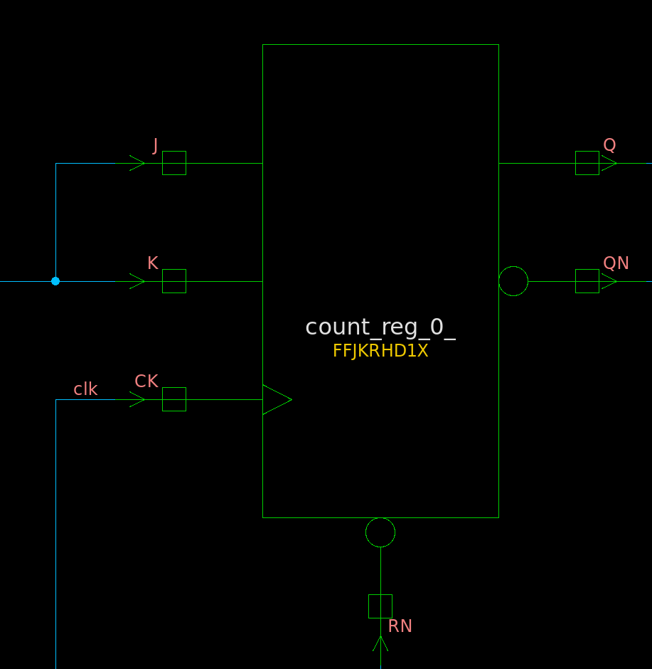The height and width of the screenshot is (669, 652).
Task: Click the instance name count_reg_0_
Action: [x=380, y=327]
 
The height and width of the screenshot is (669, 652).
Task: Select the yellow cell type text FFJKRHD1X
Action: [x=380, y=351]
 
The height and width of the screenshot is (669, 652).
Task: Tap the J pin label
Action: [x=155, y=145]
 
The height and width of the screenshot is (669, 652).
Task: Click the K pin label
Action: [x=153, y=263]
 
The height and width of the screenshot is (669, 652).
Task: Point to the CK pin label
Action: [x=146, y=381]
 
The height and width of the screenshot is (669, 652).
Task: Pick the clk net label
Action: [x=85, y=389]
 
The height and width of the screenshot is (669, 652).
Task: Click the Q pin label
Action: [x=609, y=145]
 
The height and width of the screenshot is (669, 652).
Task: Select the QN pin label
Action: [x=616, y=263]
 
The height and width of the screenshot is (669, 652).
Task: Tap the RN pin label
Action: [x=400, y=626]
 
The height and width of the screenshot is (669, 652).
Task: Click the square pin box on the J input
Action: [x=174, y=163]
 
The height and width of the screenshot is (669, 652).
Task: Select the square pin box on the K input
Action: [x=174, y=281]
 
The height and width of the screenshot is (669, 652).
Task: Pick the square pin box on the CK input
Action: [x=174, y=399]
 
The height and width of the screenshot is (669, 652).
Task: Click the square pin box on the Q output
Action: [x=587, y=163]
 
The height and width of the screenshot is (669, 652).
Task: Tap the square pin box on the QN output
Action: [x=587, y=281]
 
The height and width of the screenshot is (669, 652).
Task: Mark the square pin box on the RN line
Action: [x=380, y=606]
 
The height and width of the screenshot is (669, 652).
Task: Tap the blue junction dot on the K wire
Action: [x=55, y=281]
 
